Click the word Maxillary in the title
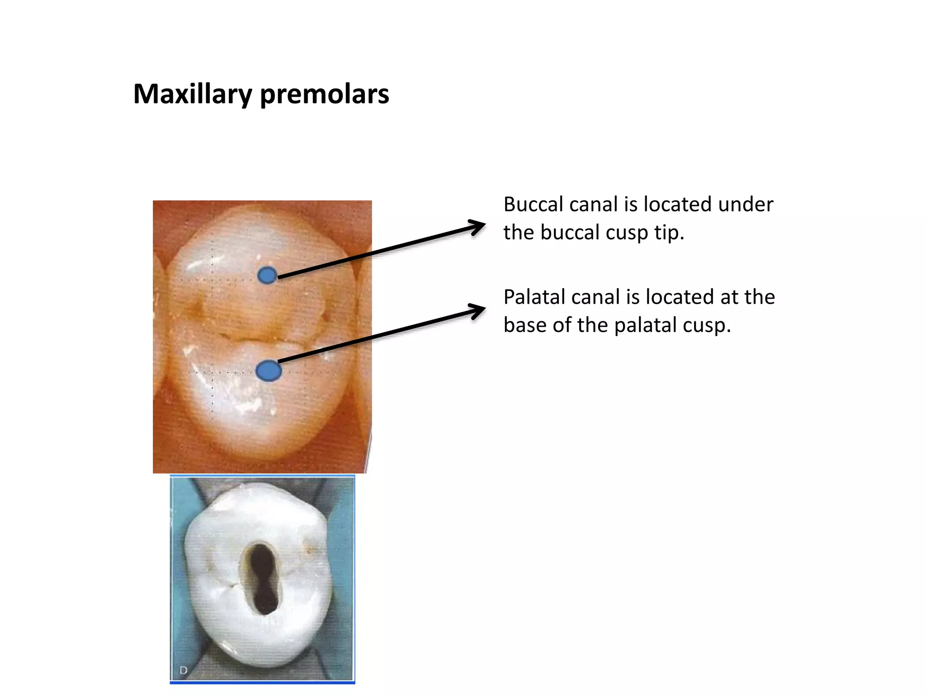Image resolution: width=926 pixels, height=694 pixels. [193, 94]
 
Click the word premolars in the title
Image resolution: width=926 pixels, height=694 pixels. [324, 94]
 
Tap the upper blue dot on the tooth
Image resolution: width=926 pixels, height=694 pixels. [267, 275]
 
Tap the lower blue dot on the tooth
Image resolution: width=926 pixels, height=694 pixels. [269, 371]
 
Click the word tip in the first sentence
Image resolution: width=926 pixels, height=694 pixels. [670, 233]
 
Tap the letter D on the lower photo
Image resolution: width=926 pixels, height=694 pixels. [183, 670]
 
